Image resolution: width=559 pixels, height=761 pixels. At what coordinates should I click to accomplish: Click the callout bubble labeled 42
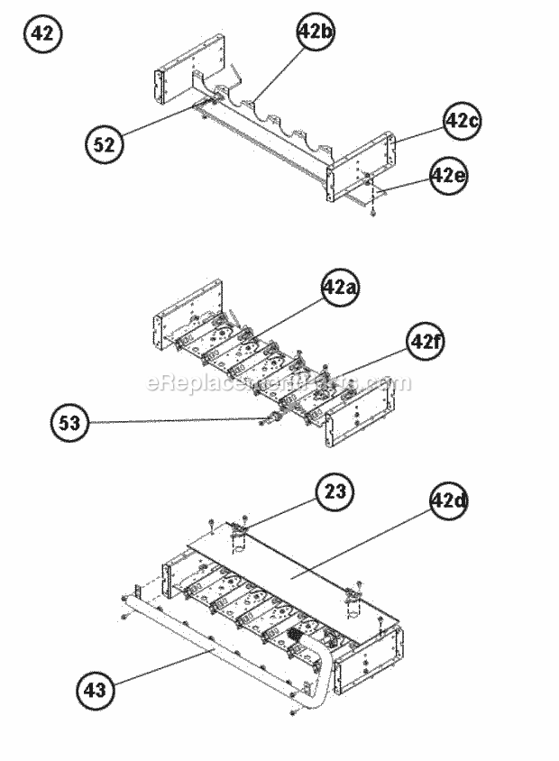click(x=42, y=35)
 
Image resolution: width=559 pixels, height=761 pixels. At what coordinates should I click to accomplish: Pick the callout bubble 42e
click(x=448, y=175)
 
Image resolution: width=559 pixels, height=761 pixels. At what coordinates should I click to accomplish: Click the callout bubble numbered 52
click(x=105, y=145)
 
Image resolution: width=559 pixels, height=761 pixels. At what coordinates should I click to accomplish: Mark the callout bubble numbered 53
click(x=71, y=424)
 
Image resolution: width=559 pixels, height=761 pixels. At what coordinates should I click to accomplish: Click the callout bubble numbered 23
click(x=334, y=492)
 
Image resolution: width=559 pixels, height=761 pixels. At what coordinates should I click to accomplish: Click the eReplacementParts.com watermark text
click(x=279, y=384)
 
